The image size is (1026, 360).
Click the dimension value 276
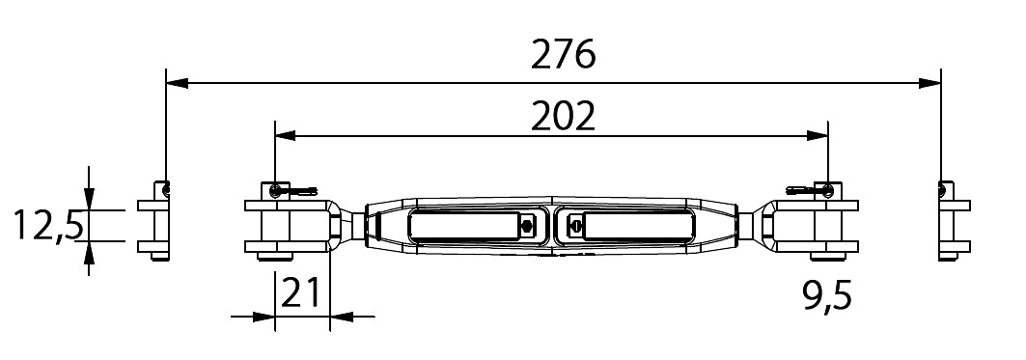(x=563, y=54)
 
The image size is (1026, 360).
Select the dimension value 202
(x=563, y=117)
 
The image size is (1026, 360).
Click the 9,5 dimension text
(x=827, y=296)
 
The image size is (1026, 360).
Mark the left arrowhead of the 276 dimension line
(x=178, y=83)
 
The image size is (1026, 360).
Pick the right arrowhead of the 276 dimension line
(x=929, y=83)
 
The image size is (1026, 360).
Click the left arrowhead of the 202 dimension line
(x=286, y=135)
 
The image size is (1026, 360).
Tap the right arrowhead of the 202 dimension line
(x=818, y=135)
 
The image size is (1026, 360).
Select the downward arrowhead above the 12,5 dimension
(x=89, y=199)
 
